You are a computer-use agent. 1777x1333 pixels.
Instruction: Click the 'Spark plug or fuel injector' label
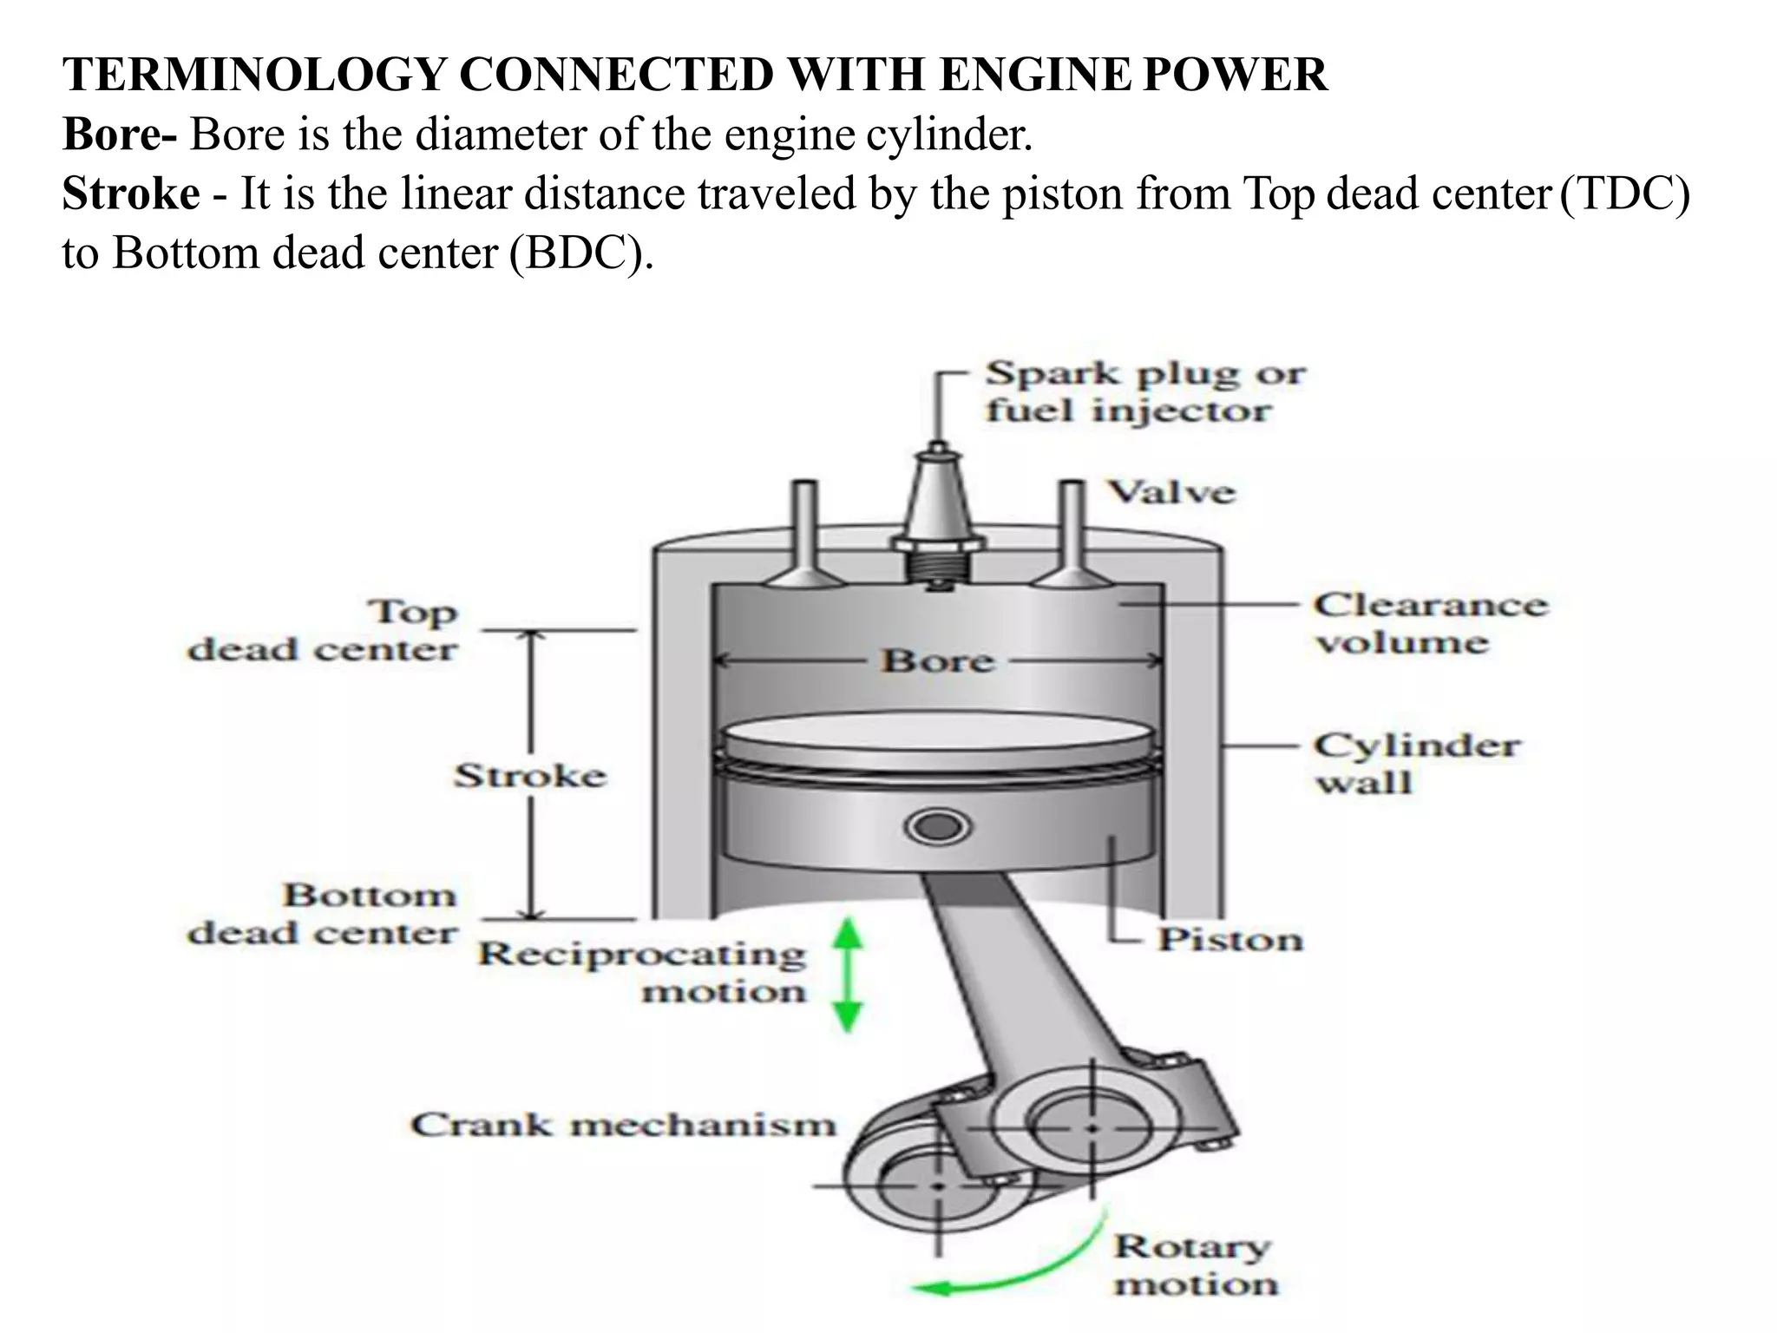[x=1144, y=391]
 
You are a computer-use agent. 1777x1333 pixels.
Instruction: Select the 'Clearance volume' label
[x=1430, y=623]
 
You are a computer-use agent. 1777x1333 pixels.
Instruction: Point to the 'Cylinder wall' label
[x=1416, y=764]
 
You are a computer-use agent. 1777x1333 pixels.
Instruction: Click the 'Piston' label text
[x=1230, y=939]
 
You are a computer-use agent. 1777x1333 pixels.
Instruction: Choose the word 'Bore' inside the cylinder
[x=937, y=661]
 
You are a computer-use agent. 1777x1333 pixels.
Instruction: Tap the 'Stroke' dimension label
[x=530, y=775]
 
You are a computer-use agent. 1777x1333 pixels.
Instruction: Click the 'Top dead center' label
[x=323, y=630]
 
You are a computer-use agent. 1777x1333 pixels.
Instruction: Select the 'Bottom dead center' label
[x=323, y=914]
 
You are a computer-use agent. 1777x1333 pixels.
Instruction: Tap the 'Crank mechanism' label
[x=623, y=1125]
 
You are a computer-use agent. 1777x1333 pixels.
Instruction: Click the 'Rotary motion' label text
[x=1194, y=1265]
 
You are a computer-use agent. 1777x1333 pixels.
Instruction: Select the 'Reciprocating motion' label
[x=642, y=972]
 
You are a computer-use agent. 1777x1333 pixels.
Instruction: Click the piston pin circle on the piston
[x=935, y=827]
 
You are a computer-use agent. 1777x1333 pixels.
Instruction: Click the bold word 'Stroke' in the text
[x=131, y=194]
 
